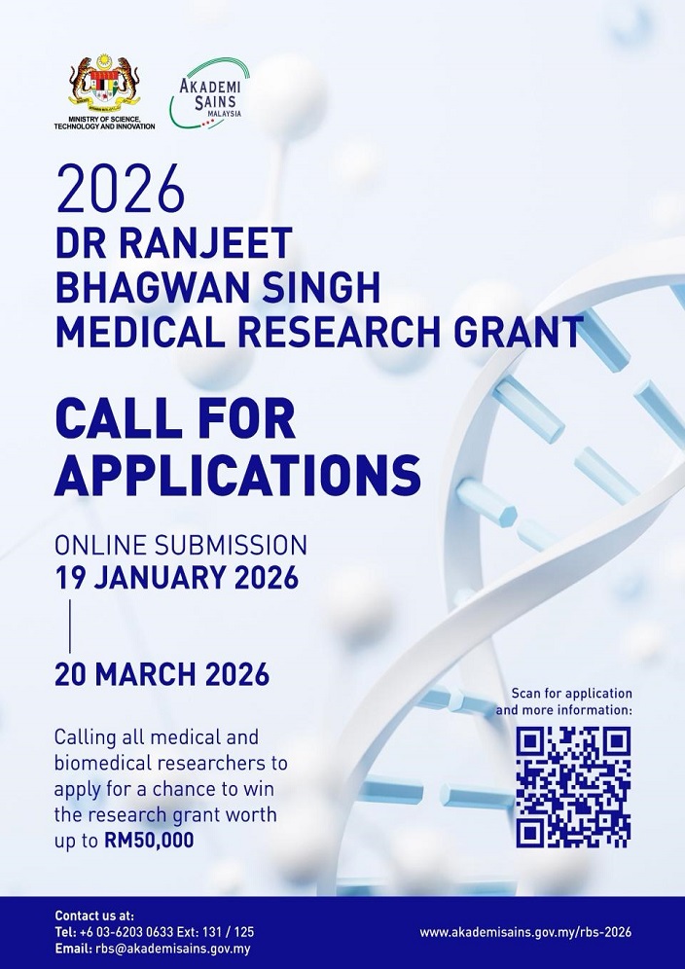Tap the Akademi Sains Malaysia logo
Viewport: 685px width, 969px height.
209,93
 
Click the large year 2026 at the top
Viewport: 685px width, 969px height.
121,190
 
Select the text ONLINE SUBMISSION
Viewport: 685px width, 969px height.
181,545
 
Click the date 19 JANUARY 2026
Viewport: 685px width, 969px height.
176,577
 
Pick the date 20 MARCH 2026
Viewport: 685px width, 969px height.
162,673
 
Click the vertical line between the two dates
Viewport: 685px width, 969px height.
70,626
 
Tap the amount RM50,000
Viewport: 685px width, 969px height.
149,840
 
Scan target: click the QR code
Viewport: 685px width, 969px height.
573,786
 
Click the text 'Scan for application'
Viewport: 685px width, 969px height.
571,694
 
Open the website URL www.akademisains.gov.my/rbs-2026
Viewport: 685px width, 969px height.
525,932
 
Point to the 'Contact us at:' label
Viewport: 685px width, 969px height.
94,915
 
